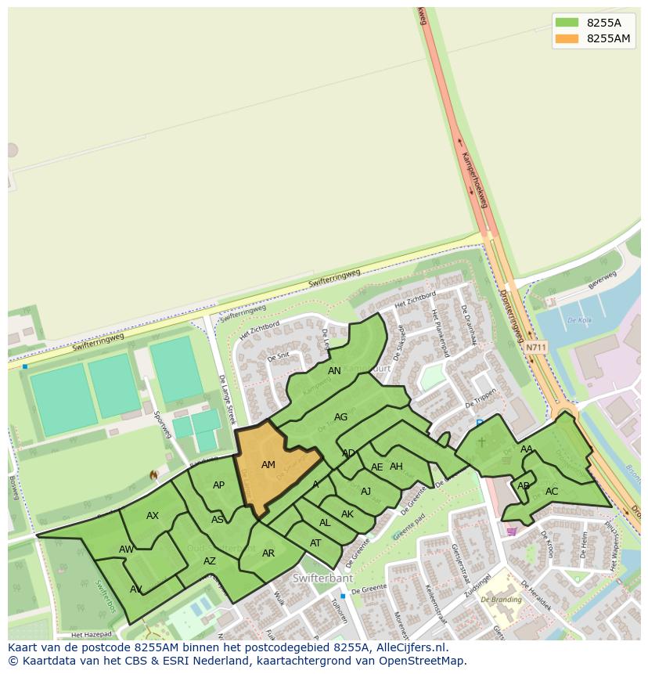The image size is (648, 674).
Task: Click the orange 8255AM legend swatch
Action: (x=567, y=38)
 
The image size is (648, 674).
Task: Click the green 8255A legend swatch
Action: (x=567, y=22)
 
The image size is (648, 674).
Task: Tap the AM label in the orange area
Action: (x=268, y=465)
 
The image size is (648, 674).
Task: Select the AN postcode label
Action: (x=334, y=371)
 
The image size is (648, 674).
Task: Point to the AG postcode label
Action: (x=340, y=417)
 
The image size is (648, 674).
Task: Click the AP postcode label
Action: (x=219, y=485)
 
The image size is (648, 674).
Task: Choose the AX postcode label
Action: (x=153, y=516)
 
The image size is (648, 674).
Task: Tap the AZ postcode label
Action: (x=210, y=561)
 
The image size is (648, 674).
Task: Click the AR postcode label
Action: (x=268, y=553)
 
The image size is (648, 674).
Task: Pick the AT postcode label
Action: (x=315, y=543)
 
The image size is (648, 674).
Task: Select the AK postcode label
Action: (x=347, y=514)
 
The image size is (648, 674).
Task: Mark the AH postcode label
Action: (x=396, y=467)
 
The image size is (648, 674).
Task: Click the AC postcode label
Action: (x=552, y=492)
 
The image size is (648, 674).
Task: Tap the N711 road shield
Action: (x=536, y=347)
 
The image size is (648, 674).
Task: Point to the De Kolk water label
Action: (x=579, y=320)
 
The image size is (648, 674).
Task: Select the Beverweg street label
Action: (x=603, y=280)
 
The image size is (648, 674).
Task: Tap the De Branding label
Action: (x=502, y=600)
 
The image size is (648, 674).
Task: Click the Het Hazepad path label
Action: (x=92, y=634)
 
